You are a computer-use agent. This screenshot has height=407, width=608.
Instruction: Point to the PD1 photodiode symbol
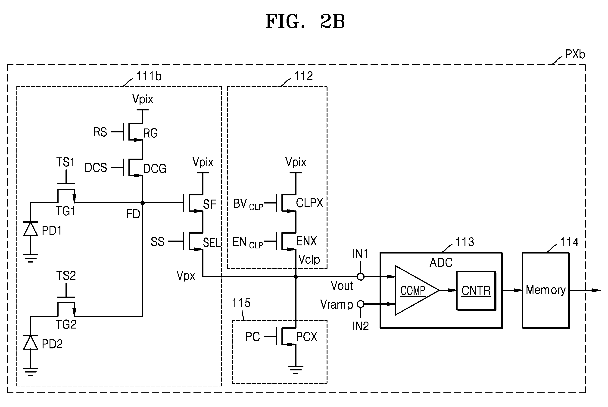pyautogui.click(x=31, y=229)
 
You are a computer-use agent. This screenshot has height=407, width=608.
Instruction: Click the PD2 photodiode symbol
pyautogui.click(x=31, y=342)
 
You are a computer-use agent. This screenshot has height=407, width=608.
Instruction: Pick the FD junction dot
pyautogui.click(x=143, y=203)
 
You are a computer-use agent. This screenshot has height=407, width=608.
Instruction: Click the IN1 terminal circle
pyautogui.click(x=361, y=277)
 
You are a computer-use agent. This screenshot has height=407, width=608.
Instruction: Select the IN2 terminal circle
pyautogui.click(x=361, y=304)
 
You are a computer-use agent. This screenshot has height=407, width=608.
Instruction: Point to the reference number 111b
pyautogui.click(x=149, y=76)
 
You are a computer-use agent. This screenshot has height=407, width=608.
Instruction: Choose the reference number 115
pyautogui.click(x=241, y=303)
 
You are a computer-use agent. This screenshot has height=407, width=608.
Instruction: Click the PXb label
pyautogui.click(x=575, y=54)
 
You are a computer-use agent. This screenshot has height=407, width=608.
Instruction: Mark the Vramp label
pyautogui.click(x=337, y=304)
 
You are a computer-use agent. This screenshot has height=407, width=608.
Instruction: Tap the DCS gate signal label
pyautogui.click(x=96, y=168)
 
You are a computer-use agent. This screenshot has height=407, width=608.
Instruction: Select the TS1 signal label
pyautogui.click(x=66, y=162)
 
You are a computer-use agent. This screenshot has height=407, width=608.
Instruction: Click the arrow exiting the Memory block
pyautogui.click(x=585, y=290)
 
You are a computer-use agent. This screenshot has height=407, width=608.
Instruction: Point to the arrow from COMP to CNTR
pyautogui.click(x=448, y=290)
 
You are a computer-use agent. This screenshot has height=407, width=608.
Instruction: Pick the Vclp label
pyautogui.click(x=309, y=259)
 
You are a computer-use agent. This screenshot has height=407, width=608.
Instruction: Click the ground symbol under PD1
pyautogui.click(x=31, y=258)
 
